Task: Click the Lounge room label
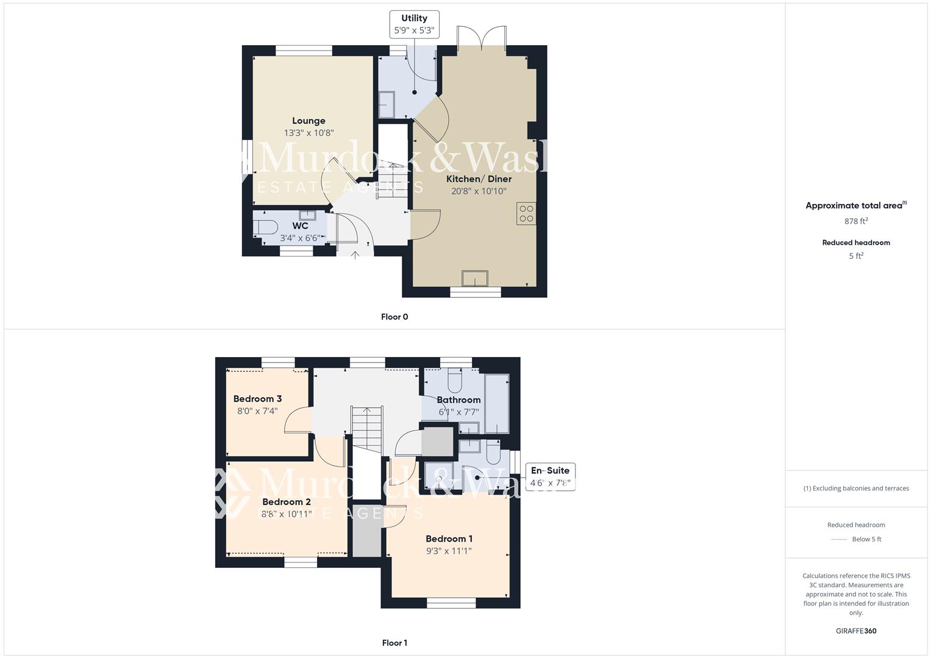tap(309, 121)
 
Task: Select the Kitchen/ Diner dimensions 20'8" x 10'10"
tap(479, 191)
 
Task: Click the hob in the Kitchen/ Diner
tap(526, 213)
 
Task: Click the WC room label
tap(300, 226)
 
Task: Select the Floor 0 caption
tap(394, 317)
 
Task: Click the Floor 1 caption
tap(394, 643)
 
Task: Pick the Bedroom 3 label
tap(257, 399)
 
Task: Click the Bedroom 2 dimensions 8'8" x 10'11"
tap(287, 514)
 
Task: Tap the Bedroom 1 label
tap(449, 539)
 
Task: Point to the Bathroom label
tap(458, 400)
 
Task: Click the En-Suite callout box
tap(550, 476)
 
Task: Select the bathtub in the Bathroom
tap(496, 402)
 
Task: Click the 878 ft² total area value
tap(856, 221)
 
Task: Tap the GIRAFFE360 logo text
tap(856, 631)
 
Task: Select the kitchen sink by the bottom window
tap(474, 278)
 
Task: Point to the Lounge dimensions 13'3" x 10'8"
tap(309, 133)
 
